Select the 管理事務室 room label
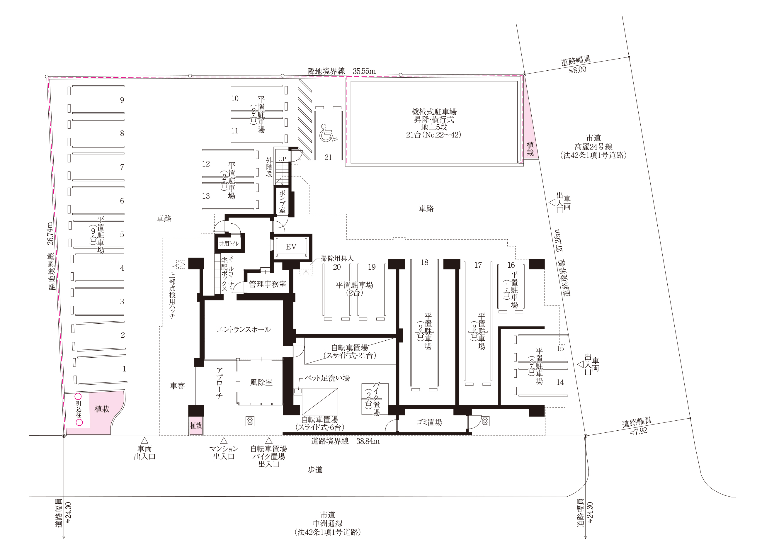(x=268, y=284)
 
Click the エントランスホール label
(x=243, y=330)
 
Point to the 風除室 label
(x=261, y=382)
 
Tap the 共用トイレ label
(x=229, y=243)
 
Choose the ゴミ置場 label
(x=429, y=422)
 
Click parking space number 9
(x=122, y=100)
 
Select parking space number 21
(x=328, y=157)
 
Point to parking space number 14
(x=560, y=382)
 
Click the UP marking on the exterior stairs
(x=282, y=159)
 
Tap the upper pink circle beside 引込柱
(x=78, y=397)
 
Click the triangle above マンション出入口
(x=223, y=441)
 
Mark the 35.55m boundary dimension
(x=364, y=71)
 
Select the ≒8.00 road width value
(x=577, y=70)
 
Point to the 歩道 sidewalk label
(x=315, y=470)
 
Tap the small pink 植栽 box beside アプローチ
(x=196, y=425)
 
